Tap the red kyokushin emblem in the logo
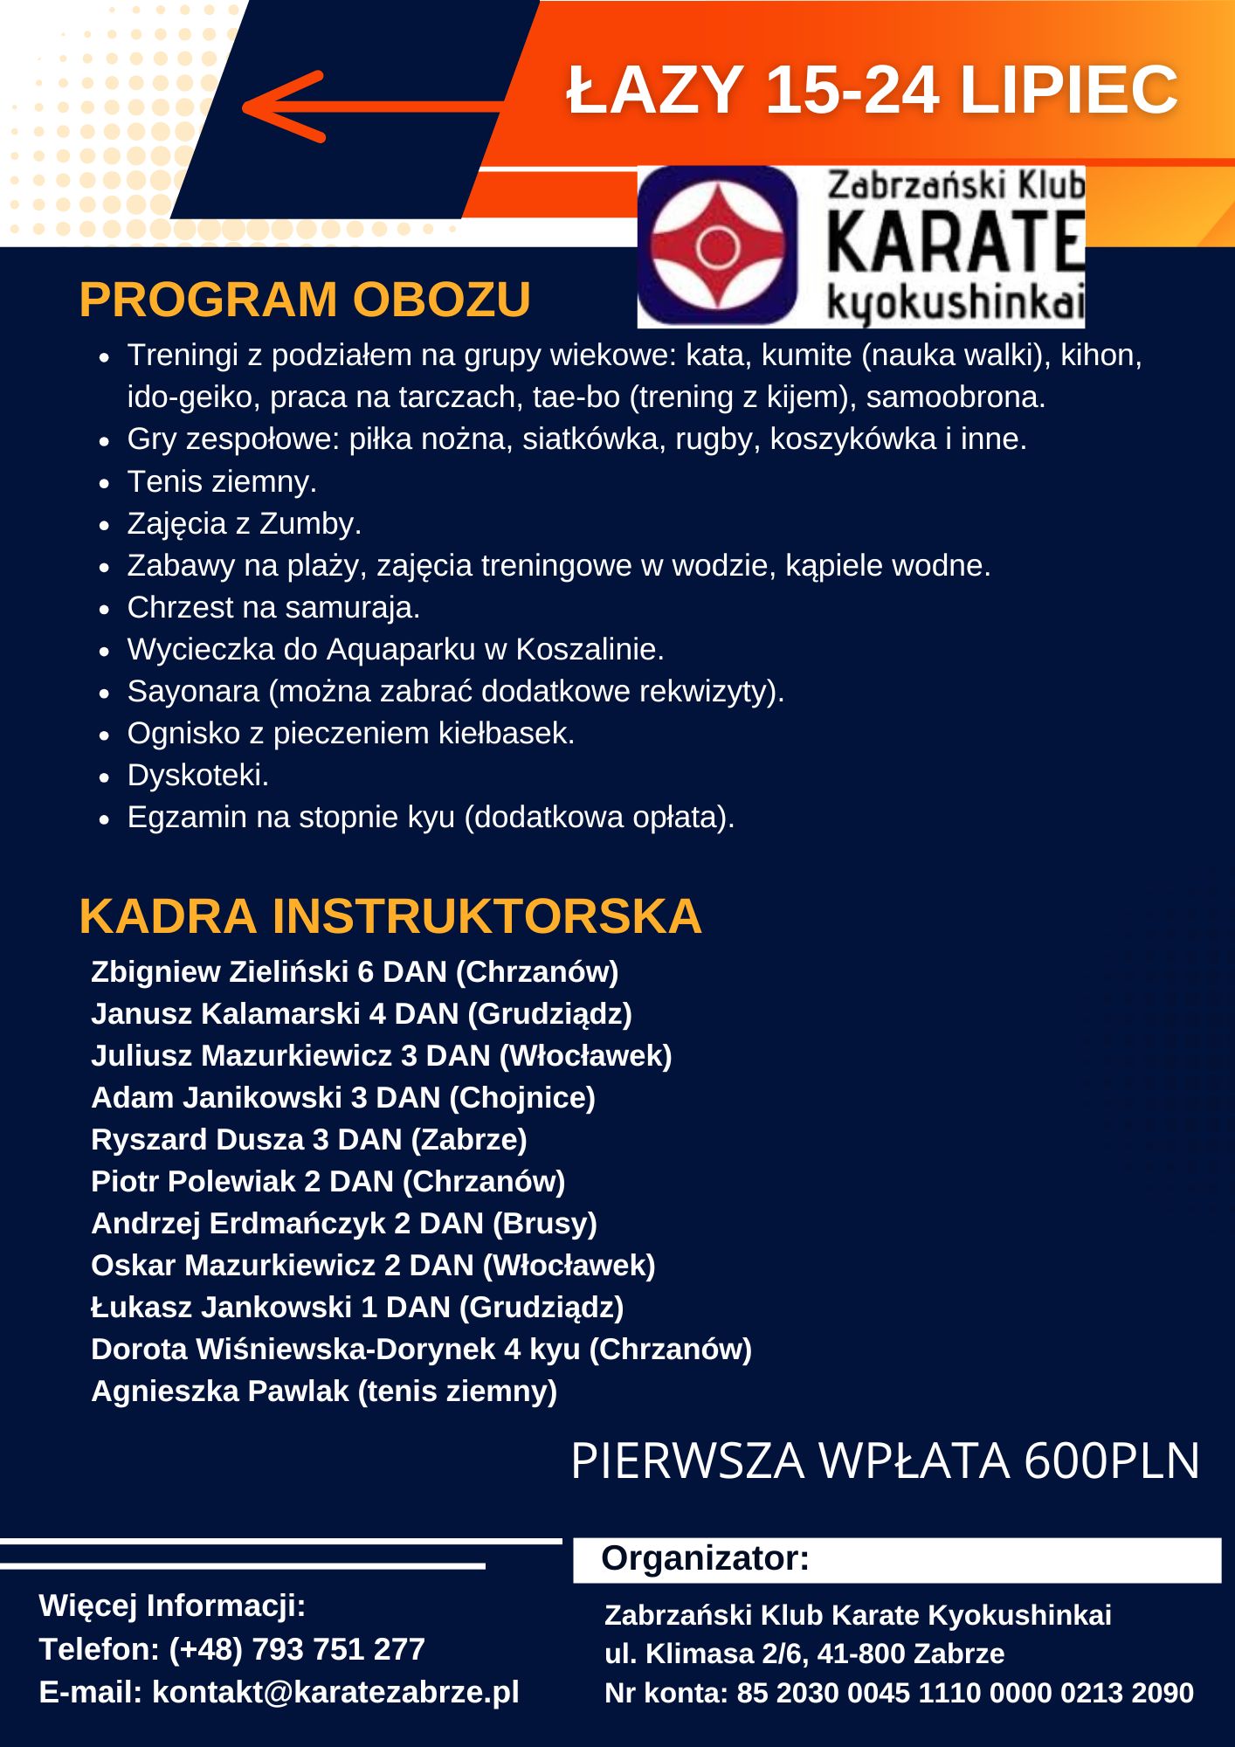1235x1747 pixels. (717, 247)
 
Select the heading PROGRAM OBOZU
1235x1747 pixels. (305, 300)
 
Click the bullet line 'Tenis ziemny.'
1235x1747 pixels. (222, 481)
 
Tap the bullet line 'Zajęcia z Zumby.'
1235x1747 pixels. (244, 523)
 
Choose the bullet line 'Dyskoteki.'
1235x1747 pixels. (198, 775)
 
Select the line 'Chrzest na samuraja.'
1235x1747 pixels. (273, 607)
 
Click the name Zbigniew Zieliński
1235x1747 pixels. (218, 971)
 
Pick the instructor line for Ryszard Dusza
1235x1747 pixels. (308, 1139)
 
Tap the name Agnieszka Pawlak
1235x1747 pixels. (219, 1391)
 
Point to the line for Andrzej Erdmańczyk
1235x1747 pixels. (343, 1223)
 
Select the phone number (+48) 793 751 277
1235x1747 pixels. (296, 1649)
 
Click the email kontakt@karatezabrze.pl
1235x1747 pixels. (335, 1692)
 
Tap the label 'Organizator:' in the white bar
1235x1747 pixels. (705, 1558)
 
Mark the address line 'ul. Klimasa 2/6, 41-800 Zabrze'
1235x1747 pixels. (804, 1654)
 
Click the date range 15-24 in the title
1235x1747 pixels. (852, 89)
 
